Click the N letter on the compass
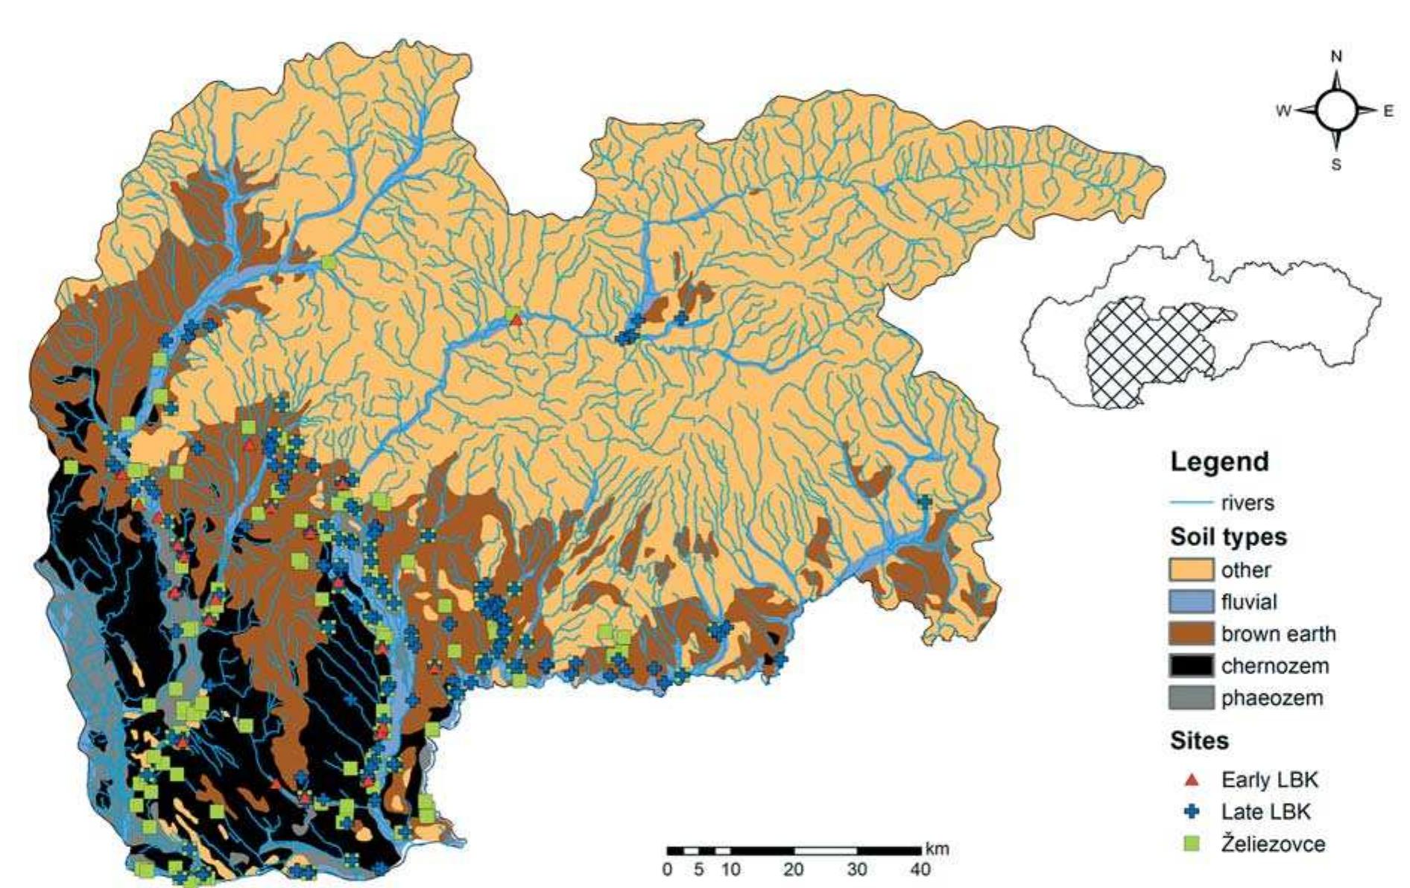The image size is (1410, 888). click(1336, 57)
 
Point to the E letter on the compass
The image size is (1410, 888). click(1388, 111)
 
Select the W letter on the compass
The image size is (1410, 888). click(1283, 112)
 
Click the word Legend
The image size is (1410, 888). click(1219, 462)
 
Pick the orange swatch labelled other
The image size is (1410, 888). click(1191, 570)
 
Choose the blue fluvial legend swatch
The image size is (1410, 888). click(1191, 602)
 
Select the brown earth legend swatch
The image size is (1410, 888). click(1191, 634)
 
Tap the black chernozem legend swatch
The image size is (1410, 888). click(1191, 666)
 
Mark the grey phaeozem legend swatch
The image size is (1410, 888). click(1191, 698)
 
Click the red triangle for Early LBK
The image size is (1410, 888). click(1192, 780)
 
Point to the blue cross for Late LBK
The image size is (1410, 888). click(1192, 811)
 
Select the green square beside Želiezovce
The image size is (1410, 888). click(1192, 844)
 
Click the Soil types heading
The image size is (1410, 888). click(1228, 537)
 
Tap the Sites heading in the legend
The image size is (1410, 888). click(1199, 741)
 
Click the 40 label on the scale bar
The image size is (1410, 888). click(920, 869)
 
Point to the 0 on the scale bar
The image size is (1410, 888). click(668, 869)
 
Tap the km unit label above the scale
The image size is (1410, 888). click(937, 849)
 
